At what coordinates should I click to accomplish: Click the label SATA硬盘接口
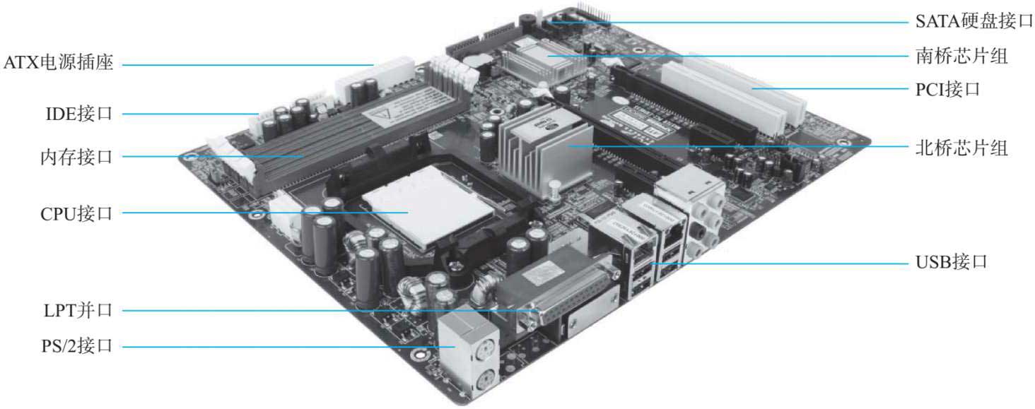tap(974, 21)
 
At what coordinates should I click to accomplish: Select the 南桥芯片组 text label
tap(961, 56)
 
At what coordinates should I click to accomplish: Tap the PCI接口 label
tap(947, 89)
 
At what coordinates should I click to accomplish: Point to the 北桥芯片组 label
tap(961, 148)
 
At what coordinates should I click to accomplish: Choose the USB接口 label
tap(952, 262)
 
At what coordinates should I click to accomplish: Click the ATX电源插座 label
tap(58, 62)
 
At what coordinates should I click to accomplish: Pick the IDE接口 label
tap(79, 114)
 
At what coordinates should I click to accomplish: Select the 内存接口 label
tap(76, 157)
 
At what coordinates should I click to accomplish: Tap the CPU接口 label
tap(76, 214)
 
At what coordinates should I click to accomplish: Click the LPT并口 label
tap(78, 310)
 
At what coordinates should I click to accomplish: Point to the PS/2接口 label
tap(77, 345)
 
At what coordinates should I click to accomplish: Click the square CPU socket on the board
tap(428, 208)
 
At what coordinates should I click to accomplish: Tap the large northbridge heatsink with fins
tap(545, 150)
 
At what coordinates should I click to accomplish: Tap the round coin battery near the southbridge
tap(476, 60)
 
